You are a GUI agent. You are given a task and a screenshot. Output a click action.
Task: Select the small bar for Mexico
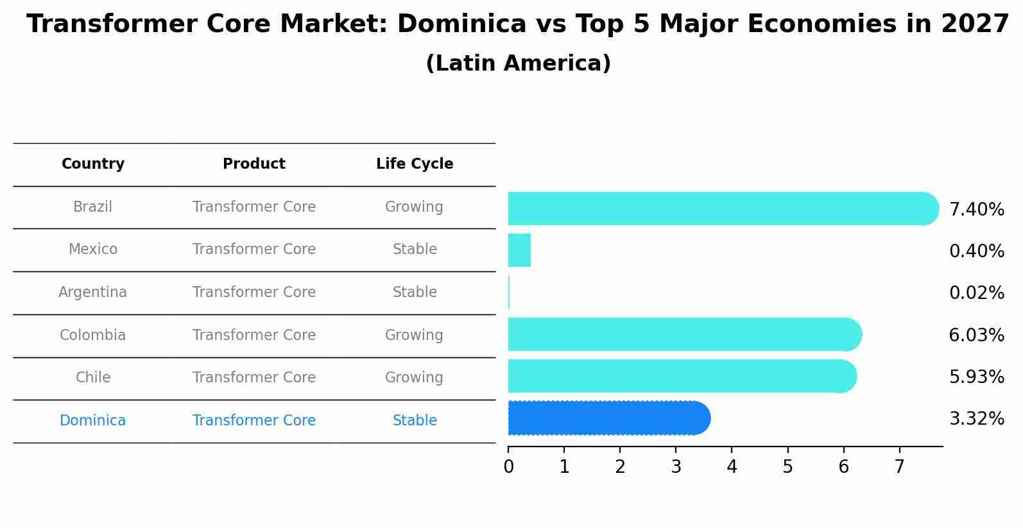click(x=519, y=250)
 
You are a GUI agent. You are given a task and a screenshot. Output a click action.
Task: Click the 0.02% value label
click(x=976, y=293)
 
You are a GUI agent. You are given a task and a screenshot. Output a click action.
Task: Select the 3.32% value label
click(x=976, y=419)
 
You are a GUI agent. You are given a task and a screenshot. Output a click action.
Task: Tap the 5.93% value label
click(x=976, y=377)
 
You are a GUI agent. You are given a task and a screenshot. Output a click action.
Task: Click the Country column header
click(x=93, y=164)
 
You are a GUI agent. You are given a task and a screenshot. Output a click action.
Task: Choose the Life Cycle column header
click(x=415, y=164)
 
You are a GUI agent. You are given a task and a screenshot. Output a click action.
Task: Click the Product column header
click(x=254, y=164)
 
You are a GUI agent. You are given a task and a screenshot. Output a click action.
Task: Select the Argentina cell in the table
click(x=93, y=293)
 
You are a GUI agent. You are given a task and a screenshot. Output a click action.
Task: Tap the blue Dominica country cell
click(x=93, y=421)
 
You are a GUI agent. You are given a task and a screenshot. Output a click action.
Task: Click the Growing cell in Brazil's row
click(x=414, y=207)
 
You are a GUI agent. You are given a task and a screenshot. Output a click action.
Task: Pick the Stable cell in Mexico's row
click(x=415, y=250)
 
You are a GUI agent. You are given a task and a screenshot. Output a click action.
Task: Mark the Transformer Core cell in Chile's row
click(x=254, y=378)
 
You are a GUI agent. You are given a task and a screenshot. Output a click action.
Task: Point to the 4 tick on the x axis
click(x=732, y=467)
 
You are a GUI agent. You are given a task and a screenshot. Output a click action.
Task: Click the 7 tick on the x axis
click(x=899, y=467)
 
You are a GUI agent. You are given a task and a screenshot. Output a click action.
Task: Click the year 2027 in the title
click(x=975, y=24)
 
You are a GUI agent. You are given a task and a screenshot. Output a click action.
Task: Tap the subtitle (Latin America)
click(x=518, y=64)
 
